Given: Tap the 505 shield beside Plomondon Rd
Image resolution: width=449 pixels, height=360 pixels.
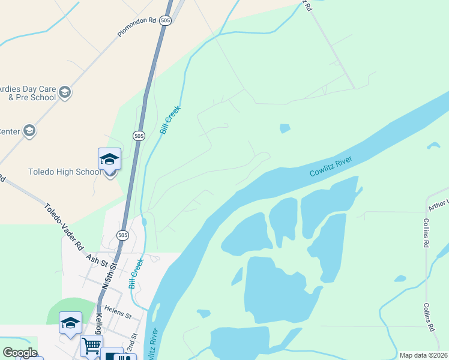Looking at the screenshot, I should click(166, 20).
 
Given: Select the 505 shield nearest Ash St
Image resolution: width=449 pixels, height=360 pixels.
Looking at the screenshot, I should click(122, 235).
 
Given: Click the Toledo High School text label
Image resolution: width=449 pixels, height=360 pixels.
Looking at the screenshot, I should click(65, 172).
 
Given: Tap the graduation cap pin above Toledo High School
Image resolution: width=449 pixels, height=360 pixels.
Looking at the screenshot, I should click(109, 160).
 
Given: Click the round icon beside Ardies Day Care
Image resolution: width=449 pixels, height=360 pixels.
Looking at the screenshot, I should click(65, 92).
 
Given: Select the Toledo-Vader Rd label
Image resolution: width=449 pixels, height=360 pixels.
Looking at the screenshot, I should click(64, 226).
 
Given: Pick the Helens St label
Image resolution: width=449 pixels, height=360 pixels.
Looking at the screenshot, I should click(118, 313).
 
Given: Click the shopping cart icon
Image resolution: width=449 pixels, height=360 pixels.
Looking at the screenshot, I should click(91, 345).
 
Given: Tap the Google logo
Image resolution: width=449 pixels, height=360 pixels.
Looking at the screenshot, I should click(19, 353).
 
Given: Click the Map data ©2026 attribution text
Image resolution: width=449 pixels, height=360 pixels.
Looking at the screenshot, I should click(423, 355).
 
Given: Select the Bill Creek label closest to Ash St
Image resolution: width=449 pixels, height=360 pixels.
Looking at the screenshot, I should click(136, 274).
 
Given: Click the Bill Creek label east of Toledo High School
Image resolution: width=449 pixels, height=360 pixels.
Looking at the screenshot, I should click(170, 121).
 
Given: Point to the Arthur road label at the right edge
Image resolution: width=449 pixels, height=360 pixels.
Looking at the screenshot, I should click(438, 205).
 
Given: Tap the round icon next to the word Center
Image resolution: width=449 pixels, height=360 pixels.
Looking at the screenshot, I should click(29, 131).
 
